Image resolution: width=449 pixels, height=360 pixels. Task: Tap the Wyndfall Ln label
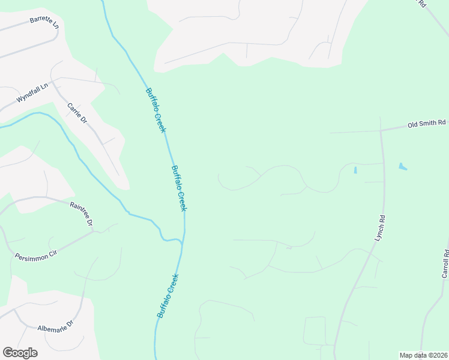tap(32, 94)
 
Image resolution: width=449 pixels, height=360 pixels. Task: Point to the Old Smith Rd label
tap(426, 124)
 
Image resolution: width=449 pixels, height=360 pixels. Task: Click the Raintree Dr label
tap(82, 214)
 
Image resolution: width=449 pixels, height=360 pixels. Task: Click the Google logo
tap(20, 353)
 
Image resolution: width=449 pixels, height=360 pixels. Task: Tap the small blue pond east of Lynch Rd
tap(402, 166)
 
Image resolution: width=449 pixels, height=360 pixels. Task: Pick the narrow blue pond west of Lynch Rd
tap(355, 170)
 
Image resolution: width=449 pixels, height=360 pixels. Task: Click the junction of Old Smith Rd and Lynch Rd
tap(381, 130)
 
